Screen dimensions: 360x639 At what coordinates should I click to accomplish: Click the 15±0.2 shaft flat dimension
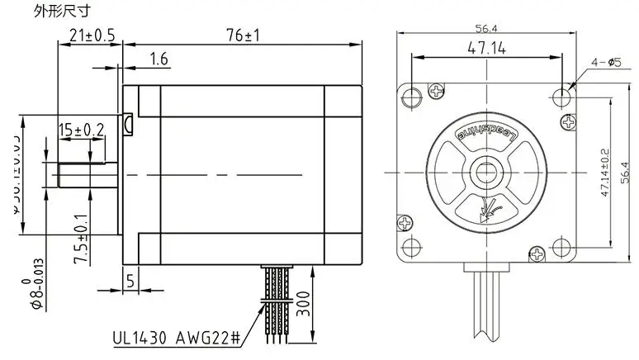point(81,129)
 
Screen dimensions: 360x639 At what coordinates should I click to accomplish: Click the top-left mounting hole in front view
point(412,97)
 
